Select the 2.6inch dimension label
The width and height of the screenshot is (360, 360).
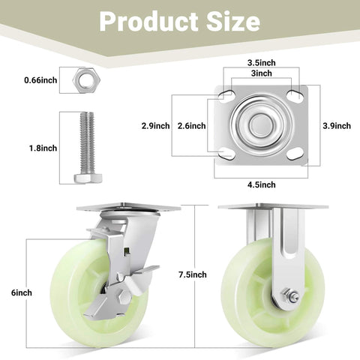pos(191,126)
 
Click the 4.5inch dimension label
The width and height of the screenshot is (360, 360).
pos(261,184)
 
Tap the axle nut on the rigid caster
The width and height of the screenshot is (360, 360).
pos(288,298)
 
